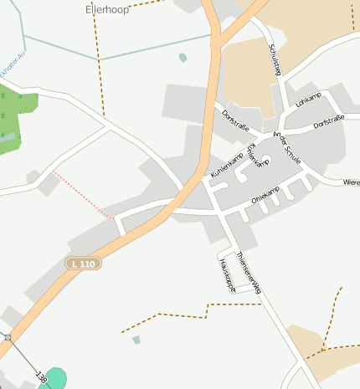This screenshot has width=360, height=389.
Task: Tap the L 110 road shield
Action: (x=84, y=264)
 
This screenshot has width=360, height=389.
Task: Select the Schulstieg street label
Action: (x=272, y=60)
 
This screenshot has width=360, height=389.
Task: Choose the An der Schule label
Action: (x=287, y=147)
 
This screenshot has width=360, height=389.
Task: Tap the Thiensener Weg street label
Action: (x=249, y=271)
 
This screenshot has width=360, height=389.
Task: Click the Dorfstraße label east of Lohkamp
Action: (x=329, y=124)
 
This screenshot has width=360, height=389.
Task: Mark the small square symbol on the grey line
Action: (x=8, y=337)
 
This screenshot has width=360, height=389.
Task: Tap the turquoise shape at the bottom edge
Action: (x=54, y=378)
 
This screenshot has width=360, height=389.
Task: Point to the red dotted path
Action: (x=84, y=194)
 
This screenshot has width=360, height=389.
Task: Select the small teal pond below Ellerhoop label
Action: (x=183, y=58)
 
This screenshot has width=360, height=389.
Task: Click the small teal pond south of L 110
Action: (x=136, y=340)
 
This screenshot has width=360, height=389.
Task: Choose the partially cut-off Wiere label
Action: (x=351, y=182)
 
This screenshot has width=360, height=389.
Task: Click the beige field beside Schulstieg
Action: (x=248, y=75)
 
